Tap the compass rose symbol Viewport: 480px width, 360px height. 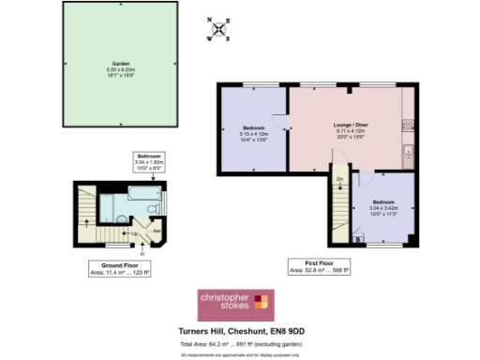(220, 30)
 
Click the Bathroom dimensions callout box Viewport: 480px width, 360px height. (149, 163)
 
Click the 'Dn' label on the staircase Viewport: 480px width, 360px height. (340, 178)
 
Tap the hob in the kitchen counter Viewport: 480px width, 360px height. (407, 125)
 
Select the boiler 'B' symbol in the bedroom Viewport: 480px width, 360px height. (360, 239)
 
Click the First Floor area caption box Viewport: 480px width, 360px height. (320, 269)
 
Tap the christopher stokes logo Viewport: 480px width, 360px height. (234, 304)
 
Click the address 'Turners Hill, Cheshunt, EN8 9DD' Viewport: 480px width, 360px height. (239, 330)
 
